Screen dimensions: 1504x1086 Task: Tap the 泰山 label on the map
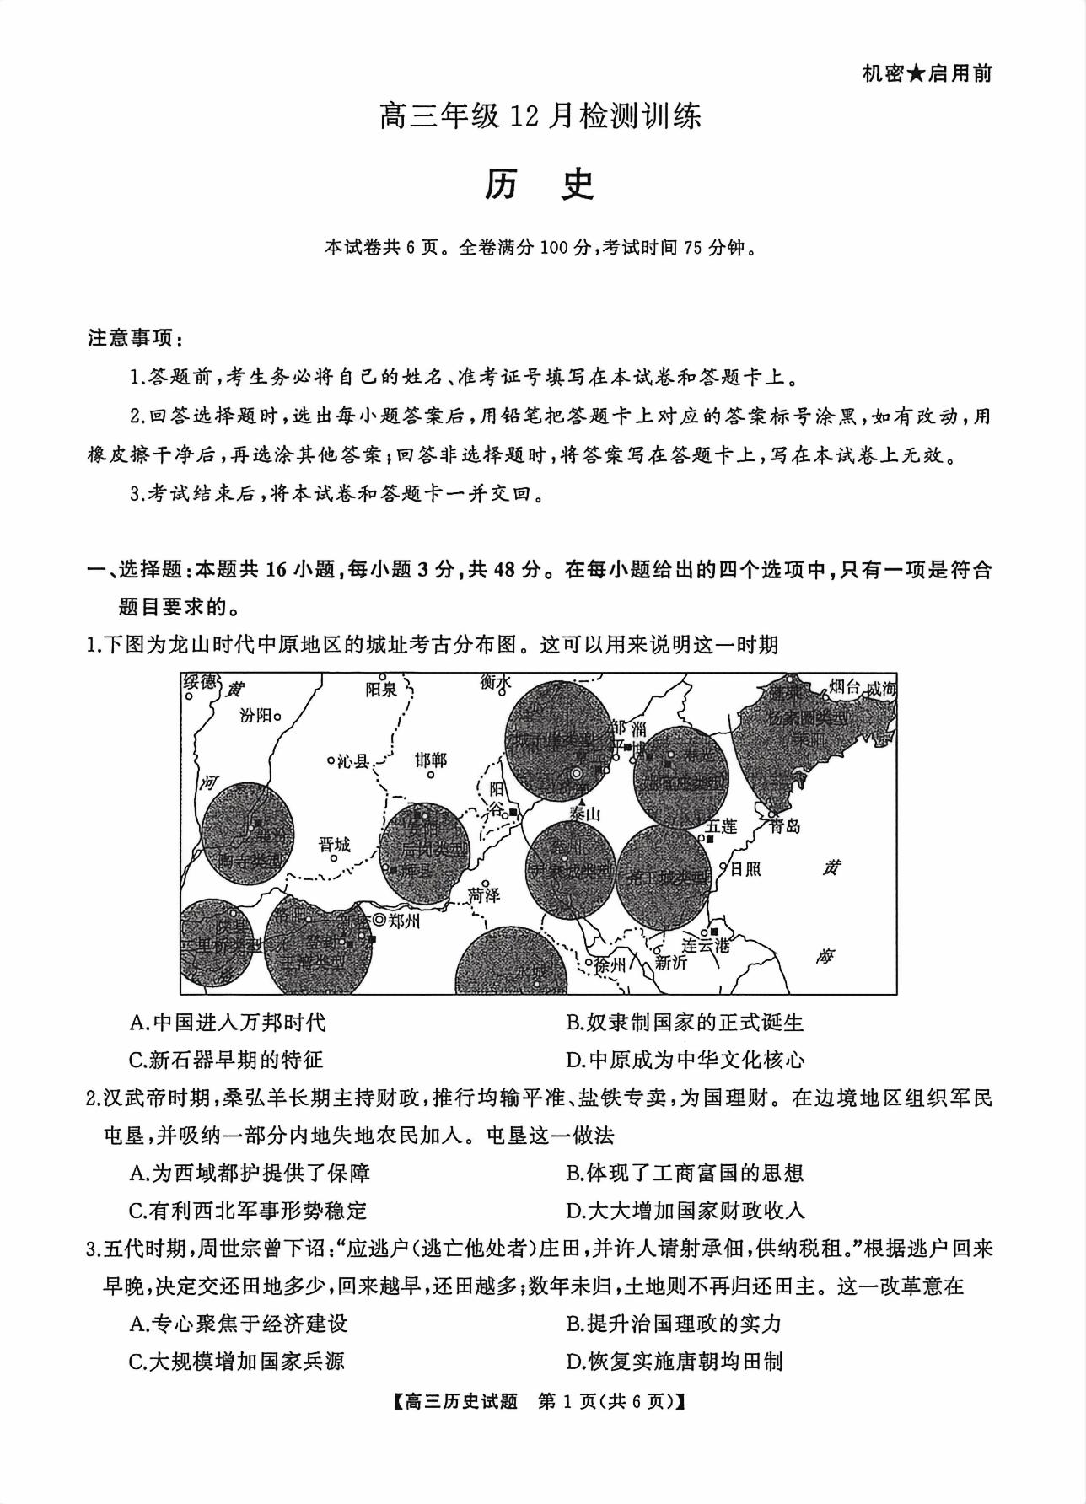[x=584, y=814]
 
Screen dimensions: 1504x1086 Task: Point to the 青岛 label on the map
[x=784, y=826]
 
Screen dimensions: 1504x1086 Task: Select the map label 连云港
[x=705, y=945]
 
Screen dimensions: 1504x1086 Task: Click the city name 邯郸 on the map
[x=431, y=760]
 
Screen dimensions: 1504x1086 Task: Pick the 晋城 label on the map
[x=335, y=845]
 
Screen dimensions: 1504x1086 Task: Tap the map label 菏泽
[x=484, y=894]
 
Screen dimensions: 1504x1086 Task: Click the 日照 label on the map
[x=745, y=867]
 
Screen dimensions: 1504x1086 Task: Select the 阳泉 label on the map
[x=381, y=690]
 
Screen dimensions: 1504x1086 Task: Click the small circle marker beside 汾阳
[x=277, y=717]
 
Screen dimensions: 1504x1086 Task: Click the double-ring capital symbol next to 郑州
[x=379, y=921]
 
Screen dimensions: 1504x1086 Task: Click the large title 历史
[x=540, y=185]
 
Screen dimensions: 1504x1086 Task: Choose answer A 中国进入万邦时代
[x=228, y=1023]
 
